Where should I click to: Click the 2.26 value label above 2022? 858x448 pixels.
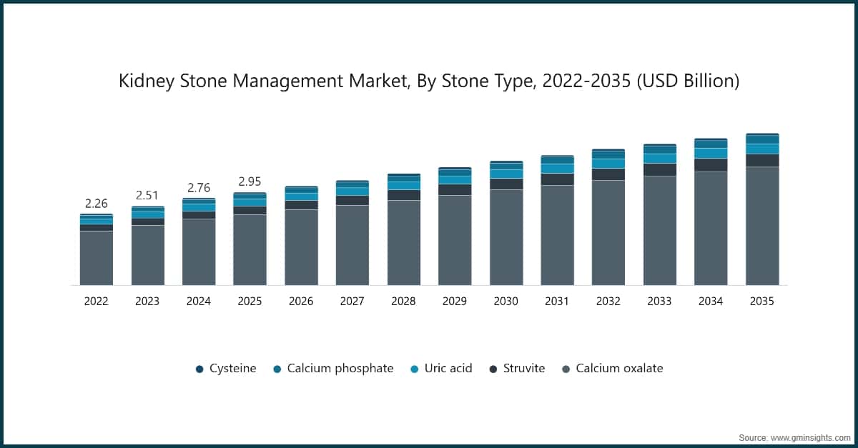(96, 204)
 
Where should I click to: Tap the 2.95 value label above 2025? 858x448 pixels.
(250, 181)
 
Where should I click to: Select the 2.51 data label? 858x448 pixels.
(147, 196)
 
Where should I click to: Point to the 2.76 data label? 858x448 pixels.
(199, 188)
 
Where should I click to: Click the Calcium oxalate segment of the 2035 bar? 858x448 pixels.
(762, 226)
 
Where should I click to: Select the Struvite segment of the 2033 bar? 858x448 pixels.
(660, 169)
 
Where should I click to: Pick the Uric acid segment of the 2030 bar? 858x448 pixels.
(506, 174)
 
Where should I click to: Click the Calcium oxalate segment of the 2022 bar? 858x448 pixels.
(96, 258)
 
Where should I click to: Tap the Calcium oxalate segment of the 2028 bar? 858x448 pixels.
(404, 243)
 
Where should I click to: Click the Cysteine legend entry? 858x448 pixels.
(226, 369)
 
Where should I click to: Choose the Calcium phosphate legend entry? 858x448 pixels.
(333, 369)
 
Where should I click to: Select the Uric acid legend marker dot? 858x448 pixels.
(414, 369)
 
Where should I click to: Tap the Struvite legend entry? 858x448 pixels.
(517, 369)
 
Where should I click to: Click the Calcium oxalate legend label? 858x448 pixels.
(619, 369)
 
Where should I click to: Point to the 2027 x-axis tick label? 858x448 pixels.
(352, 302)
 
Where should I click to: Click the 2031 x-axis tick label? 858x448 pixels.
(557, 302)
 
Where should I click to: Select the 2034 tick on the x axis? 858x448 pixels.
(711, 302)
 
